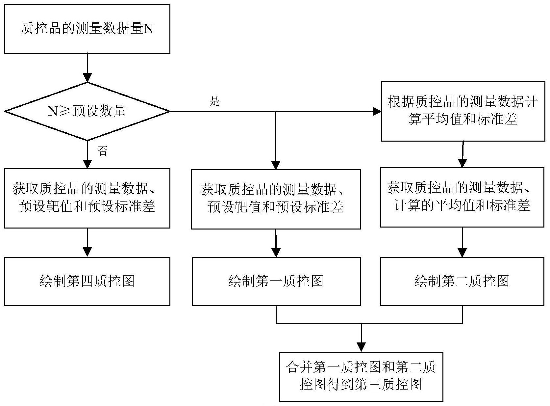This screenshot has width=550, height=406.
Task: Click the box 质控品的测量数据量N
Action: point(87,29)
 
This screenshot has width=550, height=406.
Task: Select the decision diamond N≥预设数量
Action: point(87,111)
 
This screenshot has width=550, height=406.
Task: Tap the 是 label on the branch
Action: point(214,101)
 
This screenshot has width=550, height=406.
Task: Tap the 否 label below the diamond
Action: point(103,151)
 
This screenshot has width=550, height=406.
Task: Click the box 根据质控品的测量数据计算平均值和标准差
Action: point(463,111)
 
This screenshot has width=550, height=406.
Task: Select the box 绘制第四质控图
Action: point(87,281)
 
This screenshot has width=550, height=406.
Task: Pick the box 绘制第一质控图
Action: point(276,281)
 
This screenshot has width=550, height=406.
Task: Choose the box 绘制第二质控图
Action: point(462,281)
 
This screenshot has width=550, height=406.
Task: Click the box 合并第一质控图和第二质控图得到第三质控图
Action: point(361,376)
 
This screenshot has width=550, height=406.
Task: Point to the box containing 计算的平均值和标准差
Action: point(462,197)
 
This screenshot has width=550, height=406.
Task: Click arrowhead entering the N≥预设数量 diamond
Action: point(87,78)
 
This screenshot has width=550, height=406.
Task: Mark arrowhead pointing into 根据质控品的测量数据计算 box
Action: point(377,111)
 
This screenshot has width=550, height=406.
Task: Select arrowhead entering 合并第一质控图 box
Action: point(361,347)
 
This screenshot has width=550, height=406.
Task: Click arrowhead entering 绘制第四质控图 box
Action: point(87,252)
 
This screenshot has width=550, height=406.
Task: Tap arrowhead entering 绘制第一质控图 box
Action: point(276,253)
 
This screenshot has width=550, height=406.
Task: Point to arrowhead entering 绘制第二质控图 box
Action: point(462,253)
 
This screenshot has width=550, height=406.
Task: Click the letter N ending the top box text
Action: point(149,29)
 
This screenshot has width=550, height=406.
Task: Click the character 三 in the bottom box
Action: point(375,384)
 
